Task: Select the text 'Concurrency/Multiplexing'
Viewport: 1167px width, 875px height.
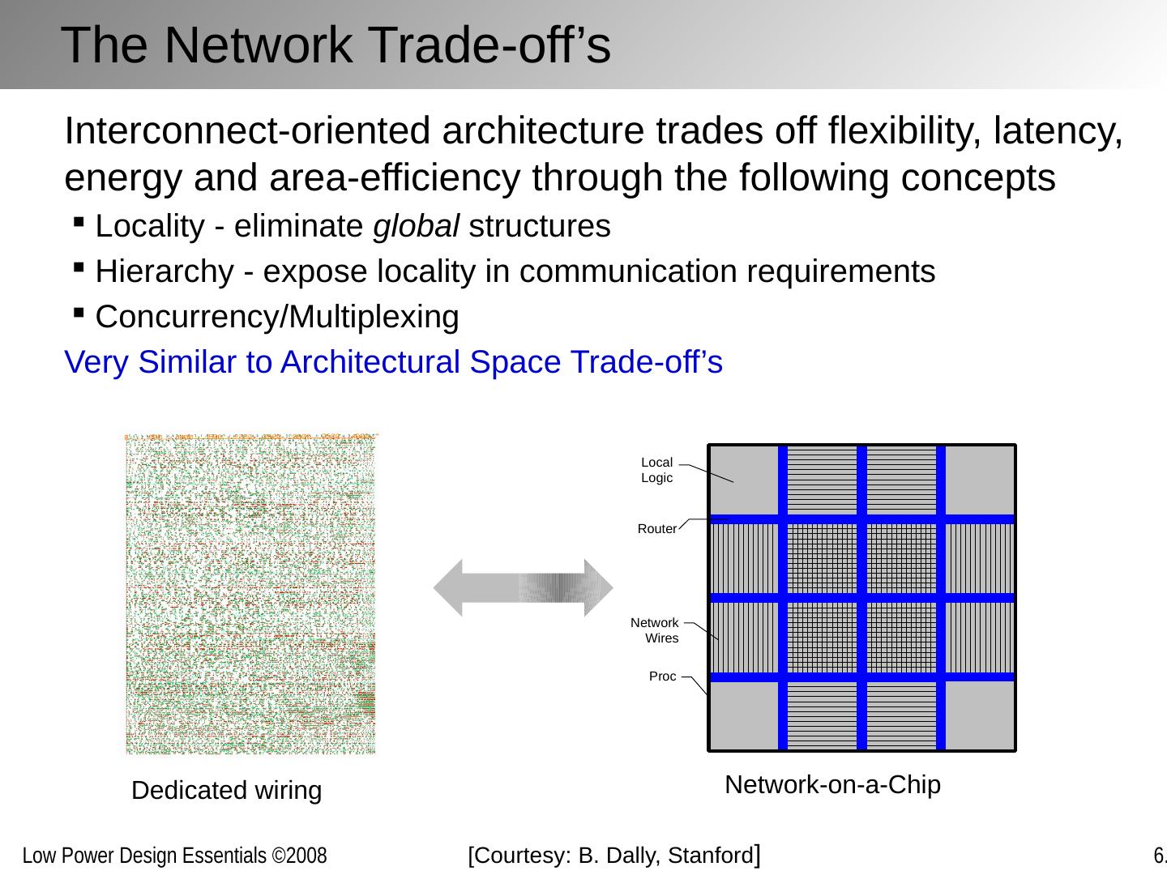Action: point(277,318)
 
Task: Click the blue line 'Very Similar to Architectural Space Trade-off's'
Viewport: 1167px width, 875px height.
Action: point(393,362)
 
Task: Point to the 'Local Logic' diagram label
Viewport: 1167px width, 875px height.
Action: point(656,470)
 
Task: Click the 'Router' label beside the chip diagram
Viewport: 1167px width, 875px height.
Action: point(656,529)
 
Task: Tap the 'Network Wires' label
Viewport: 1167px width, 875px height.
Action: point(655,630)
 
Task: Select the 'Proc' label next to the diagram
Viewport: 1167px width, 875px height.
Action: point(662,677)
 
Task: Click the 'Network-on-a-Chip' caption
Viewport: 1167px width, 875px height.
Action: point(832,784)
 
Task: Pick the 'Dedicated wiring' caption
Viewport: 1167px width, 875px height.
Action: point(226,790)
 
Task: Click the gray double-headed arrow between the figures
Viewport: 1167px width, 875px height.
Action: point(524,587)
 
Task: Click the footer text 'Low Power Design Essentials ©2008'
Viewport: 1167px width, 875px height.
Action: point(174,856)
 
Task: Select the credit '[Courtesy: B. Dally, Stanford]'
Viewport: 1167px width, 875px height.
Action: point(613,855)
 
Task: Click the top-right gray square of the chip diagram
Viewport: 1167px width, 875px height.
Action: point(980,480)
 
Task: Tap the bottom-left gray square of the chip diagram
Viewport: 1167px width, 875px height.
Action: point(742,716)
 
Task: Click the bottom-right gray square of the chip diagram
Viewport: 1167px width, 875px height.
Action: point(980,716)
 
